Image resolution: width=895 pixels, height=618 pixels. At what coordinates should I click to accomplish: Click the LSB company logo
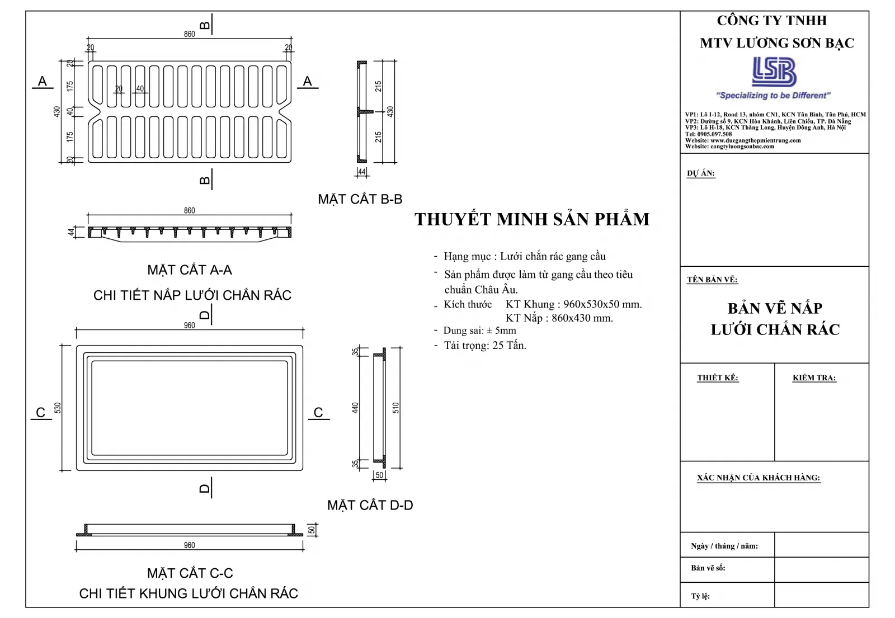(x=774, y=72)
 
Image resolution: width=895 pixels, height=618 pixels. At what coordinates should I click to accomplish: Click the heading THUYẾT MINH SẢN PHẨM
(x=532, y=219)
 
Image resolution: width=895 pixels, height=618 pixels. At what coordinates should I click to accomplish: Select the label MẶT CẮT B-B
(x=360, y=199)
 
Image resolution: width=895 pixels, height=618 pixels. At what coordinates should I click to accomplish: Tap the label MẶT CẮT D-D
(x=370, y=506)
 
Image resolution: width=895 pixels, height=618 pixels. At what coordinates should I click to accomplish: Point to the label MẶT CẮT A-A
(x=189, y=270)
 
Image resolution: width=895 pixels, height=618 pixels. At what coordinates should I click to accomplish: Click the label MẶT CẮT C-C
(x=190, y=573)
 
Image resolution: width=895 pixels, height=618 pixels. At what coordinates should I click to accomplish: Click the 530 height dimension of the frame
(x=57, y=408)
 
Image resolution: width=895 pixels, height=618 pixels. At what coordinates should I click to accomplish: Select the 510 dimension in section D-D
(x=396, y=408)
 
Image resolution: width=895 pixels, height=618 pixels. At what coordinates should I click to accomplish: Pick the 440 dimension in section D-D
(x=355, y=408)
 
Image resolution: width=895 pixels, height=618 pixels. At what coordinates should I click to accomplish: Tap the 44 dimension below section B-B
(x=362, y=172)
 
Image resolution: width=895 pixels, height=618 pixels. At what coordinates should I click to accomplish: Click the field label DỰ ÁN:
(x=700, y=173)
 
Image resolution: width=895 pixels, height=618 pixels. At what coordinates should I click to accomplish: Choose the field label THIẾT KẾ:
(x=717, y=378)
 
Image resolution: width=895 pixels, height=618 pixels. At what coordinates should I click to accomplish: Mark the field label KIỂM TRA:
(x=814, y=378)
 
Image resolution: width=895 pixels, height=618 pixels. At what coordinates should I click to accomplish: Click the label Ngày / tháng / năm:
(x=724, y=546)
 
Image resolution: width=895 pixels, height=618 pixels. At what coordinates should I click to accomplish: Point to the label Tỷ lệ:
(x=700, y=596)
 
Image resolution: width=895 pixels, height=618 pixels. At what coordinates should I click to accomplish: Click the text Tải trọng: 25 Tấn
(x=484, y=346)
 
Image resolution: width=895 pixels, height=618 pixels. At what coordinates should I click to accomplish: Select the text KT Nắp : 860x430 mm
(x=559, y=318)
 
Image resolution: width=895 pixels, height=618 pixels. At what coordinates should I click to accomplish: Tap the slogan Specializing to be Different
(x=773, y=96)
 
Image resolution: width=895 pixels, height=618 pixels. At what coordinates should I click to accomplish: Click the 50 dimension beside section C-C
(x=312, y=530)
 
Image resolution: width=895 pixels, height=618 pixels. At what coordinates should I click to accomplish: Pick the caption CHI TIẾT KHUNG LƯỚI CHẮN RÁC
(x=189, y=593)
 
